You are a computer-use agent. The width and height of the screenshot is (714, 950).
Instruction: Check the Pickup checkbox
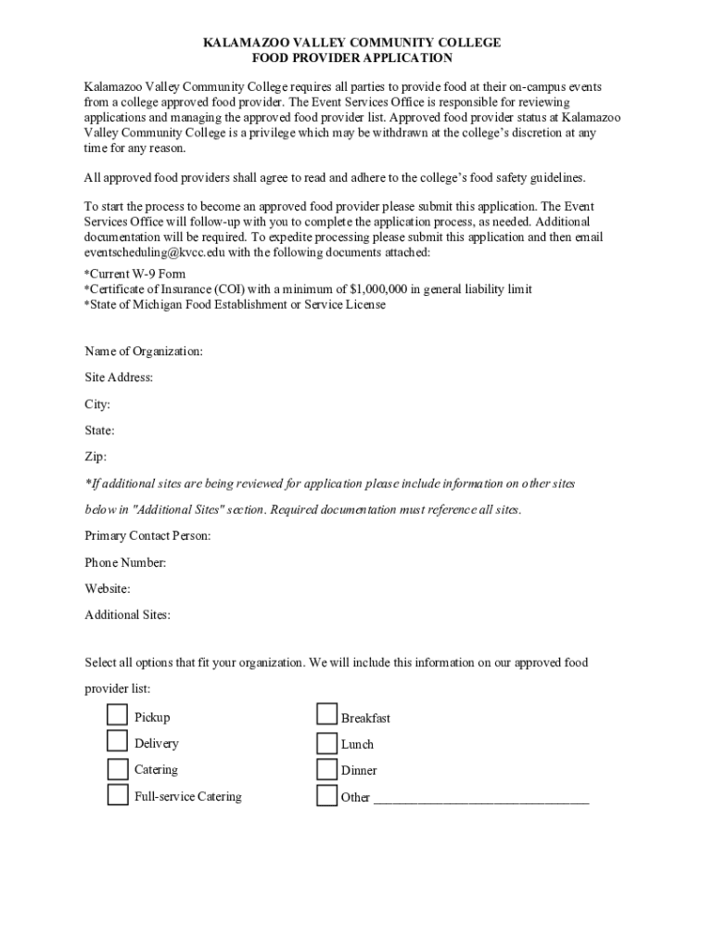click(x=117, y=715)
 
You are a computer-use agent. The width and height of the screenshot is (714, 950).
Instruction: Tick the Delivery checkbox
click(x=117, y=741)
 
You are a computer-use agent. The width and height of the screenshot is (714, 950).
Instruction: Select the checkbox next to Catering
click(x=117, y=768)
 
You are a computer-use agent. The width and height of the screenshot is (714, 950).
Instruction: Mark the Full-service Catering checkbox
click(x=117, y=795)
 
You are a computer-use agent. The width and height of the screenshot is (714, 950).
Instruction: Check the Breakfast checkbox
click(x=326, y=715)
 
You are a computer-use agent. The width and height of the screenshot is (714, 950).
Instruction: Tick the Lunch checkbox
click(x=326, y=742)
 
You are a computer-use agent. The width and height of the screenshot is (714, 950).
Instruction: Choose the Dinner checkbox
click(x=326, y=769)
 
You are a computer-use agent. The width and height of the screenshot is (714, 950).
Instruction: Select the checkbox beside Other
click(x=326, y=796)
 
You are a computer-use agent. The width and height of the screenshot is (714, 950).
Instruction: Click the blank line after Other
click(x=480, y=798)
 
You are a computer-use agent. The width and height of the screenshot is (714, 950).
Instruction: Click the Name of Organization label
click(x=144, y=352)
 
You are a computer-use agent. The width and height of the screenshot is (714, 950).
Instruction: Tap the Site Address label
click(x=119, y=378)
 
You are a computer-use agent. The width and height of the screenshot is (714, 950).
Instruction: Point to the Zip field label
click(x=96, y=456)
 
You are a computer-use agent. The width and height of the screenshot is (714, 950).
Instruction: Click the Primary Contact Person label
click(x=147, y=536)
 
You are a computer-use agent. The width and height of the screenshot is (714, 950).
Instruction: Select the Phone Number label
click(x=125, y=562)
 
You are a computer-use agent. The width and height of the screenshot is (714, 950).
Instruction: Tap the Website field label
click(x=108, y=588)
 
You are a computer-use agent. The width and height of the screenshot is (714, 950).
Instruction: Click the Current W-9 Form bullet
click(x=135, y=275)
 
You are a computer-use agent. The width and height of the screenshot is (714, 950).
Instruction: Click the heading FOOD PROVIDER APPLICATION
click(x=352, y=58)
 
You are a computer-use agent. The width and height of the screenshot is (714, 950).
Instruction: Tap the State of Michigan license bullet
click(x=235, y=304)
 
